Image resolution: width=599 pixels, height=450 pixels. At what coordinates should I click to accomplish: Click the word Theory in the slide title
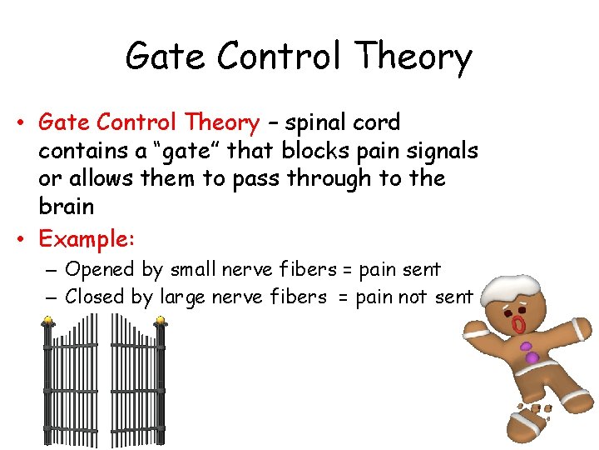413,57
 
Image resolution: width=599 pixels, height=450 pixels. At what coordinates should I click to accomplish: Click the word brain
66,206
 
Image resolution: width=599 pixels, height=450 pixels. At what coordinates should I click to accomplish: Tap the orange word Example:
87,239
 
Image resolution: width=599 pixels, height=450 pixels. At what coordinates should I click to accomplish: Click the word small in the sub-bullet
191,270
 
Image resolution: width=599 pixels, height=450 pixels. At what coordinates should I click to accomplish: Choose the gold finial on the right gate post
160,320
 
